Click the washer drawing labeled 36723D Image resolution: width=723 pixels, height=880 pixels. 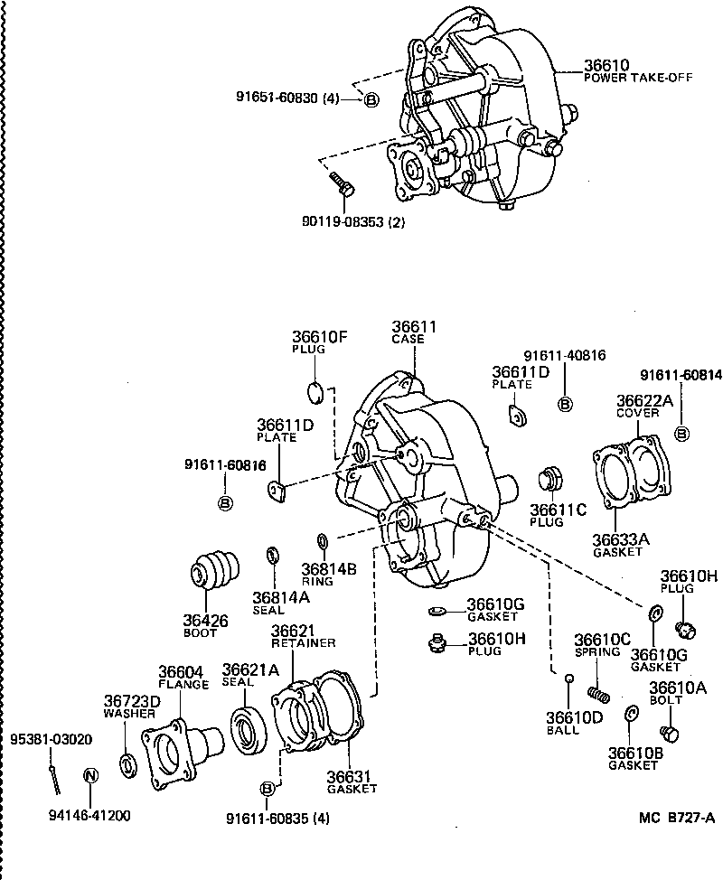click(129, 763)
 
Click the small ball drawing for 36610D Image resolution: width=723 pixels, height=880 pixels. click(568, 679)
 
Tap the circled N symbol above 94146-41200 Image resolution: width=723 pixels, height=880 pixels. click(89, 775)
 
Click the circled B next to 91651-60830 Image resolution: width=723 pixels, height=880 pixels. click(371, 99)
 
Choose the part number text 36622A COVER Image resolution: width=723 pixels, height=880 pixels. click(644, 406)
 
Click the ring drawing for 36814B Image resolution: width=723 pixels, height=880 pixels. click(322, 541)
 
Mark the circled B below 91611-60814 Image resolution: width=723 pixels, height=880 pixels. click(681, 433)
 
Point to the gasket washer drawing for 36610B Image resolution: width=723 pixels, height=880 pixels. click(632, 715)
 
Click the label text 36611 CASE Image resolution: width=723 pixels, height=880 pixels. click(413, 332)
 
